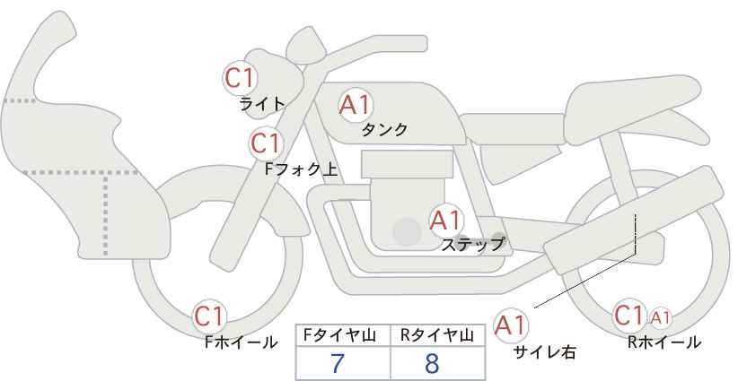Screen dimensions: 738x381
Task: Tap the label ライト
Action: click(262, 104)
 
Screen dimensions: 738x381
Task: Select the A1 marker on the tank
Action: click(356, 105)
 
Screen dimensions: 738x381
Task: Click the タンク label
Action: click(384, 129)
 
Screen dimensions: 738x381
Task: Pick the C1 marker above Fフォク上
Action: click(266, 143)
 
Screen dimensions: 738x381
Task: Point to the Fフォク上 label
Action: click(302, 169)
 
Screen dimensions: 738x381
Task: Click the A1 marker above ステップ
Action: click(446, 221)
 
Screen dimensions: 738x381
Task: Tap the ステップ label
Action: click(472, 245)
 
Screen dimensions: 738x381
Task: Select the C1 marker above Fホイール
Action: click(210, 316)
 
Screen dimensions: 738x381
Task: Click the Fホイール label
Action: click(241, 342)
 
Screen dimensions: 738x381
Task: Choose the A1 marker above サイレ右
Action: click(511, 325)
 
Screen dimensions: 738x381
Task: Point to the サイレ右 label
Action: click(545, 352)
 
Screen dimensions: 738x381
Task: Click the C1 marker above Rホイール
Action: click(629, 316)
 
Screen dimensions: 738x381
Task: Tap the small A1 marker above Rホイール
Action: click(660, 318)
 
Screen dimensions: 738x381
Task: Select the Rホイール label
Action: click(664, 342)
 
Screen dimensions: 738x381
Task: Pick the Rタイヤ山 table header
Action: click(437, 335)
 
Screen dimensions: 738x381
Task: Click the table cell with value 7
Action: click(343, 363)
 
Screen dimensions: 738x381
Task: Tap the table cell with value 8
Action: click(438, 363)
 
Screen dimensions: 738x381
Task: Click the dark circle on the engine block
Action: click(407, 231)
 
